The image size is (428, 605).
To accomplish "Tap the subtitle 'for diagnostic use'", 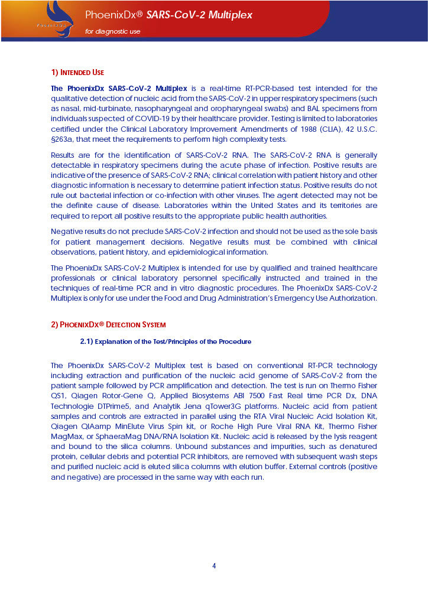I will [x=113, y=31].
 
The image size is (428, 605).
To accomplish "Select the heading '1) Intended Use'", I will [x=77, y=73].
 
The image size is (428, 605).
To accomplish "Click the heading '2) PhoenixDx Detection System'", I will [x=108, y=324].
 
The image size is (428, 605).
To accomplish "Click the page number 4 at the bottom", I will [x=214, y=565].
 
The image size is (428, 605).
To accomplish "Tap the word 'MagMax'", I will [x=67, y=437].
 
